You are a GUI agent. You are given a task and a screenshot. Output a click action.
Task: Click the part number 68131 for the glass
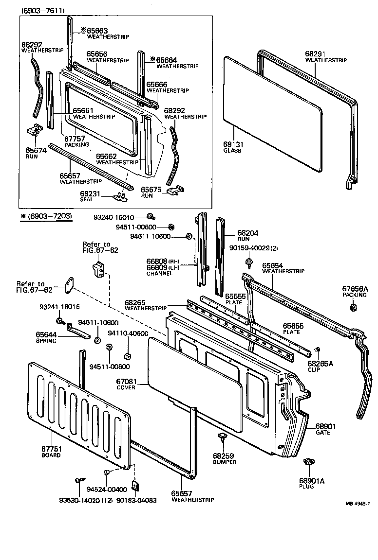[233, 144]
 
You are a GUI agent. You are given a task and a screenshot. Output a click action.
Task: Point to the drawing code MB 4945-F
[358, 504]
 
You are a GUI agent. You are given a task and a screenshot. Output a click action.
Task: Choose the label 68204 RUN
[248, 236]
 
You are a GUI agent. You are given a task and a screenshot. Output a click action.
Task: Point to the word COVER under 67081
[126, 387]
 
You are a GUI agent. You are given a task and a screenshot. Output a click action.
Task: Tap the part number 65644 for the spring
[46, 334]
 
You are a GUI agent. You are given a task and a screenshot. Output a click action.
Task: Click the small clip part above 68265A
[318, 350]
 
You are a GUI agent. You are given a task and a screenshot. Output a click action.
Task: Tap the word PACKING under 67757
[77, 144]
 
